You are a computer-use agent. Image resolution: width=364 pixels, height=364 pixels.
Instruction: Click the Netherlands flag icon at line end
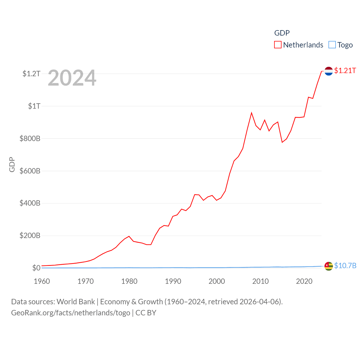point(328,71)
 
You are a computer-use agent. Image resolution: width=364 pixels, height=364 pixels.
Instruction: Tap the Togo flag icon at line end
point(328,266)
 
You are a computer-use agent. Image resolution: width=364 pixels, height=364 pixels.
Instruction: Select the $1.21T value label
point(345,71)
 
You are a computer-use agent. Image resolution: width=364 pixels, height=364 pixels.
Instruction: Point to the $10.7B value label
point(345,266)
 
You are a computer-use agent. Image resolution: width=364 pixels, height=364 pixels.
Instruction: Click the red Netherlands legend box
point(278,45)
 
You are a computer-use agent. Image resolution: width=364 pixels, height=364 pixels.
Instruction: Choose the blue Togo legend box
point(332,45)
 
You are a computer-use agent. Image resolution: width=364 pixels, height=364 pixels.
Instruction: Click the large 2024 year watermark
point(72,78)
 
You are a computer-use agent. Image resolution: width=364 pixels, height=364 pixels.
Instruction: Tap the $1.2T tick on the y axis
point(31,74)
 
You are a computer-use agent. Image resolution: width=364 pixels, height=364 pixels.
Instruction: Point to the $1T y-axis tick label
point(34,106)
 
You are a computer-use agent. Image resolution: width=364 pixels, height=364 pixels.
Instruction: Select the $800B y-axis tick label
point(30,138)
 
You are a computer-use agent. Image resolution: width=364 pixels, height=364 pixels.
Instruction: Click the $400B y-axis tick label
point(30,203)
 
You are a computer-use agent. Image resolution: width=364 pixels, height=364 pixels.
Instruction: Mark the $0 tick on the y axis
point(36,268)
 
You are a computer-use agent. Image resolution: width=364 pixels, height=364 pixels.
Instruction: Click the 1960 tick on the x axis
point(42,281)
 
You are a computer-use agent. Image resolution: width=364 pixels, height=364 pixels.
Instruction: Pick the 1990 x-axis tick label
point(173,281)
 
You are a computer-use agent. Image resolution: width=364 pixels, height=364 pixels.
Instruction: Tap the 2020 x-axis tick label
point(304,281)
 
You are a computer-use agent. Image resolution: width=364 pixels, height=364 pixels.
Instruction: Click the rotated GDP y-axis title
point(12,164)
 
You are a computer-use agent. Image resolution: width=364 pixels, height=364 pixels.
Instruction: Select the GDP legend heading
point(282,33)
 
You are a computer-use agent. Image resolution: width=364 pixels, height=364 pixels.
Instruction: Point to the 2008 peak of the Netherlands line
point(251,113)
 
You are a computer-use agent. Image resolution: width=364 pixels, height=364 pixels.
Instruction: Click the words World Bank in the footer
point(76,301)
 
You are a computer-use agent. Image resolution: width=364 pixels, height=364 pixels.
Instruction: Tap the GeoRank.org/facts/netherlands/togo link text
point(71,313)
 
